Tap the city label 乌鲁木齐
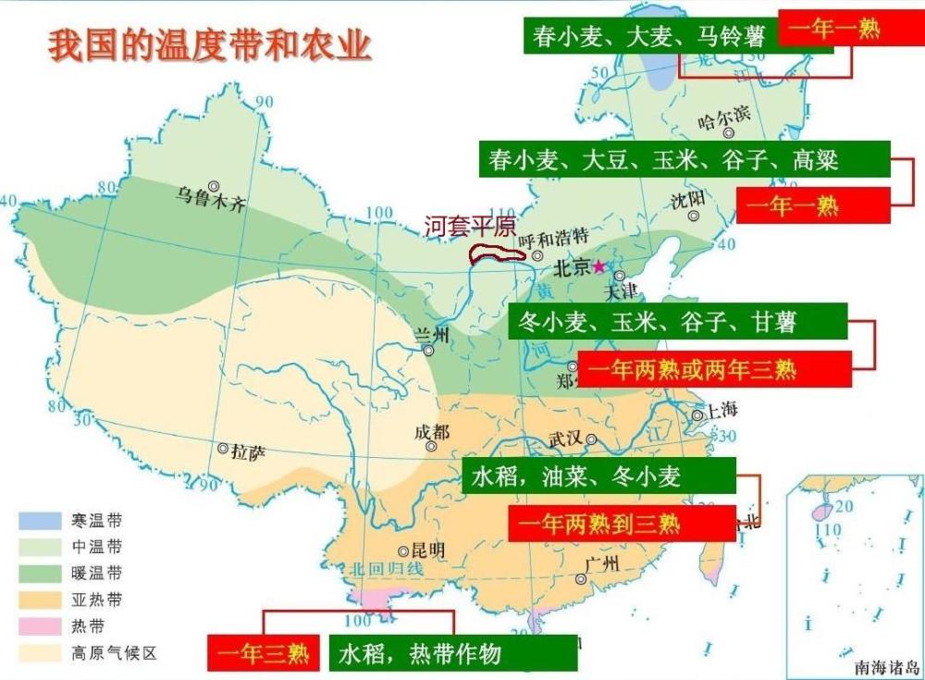click(x=213, y=203)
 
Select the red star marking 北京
click(x=599, y=266)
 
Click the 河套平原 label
click(x=469, y=227)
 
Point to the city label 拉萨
click(x=248, y=452)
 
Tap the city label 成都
click(x=432, y=432)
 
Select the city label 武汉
click(x=567, y=439)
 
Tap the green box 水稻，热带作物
click(x=453, y=654)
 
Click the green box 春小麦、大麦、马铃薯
click(x=649, y=36)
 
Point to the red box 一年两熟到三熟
click(x=621, y=525)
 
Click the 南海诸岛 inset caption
click(x=885, y=665)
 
